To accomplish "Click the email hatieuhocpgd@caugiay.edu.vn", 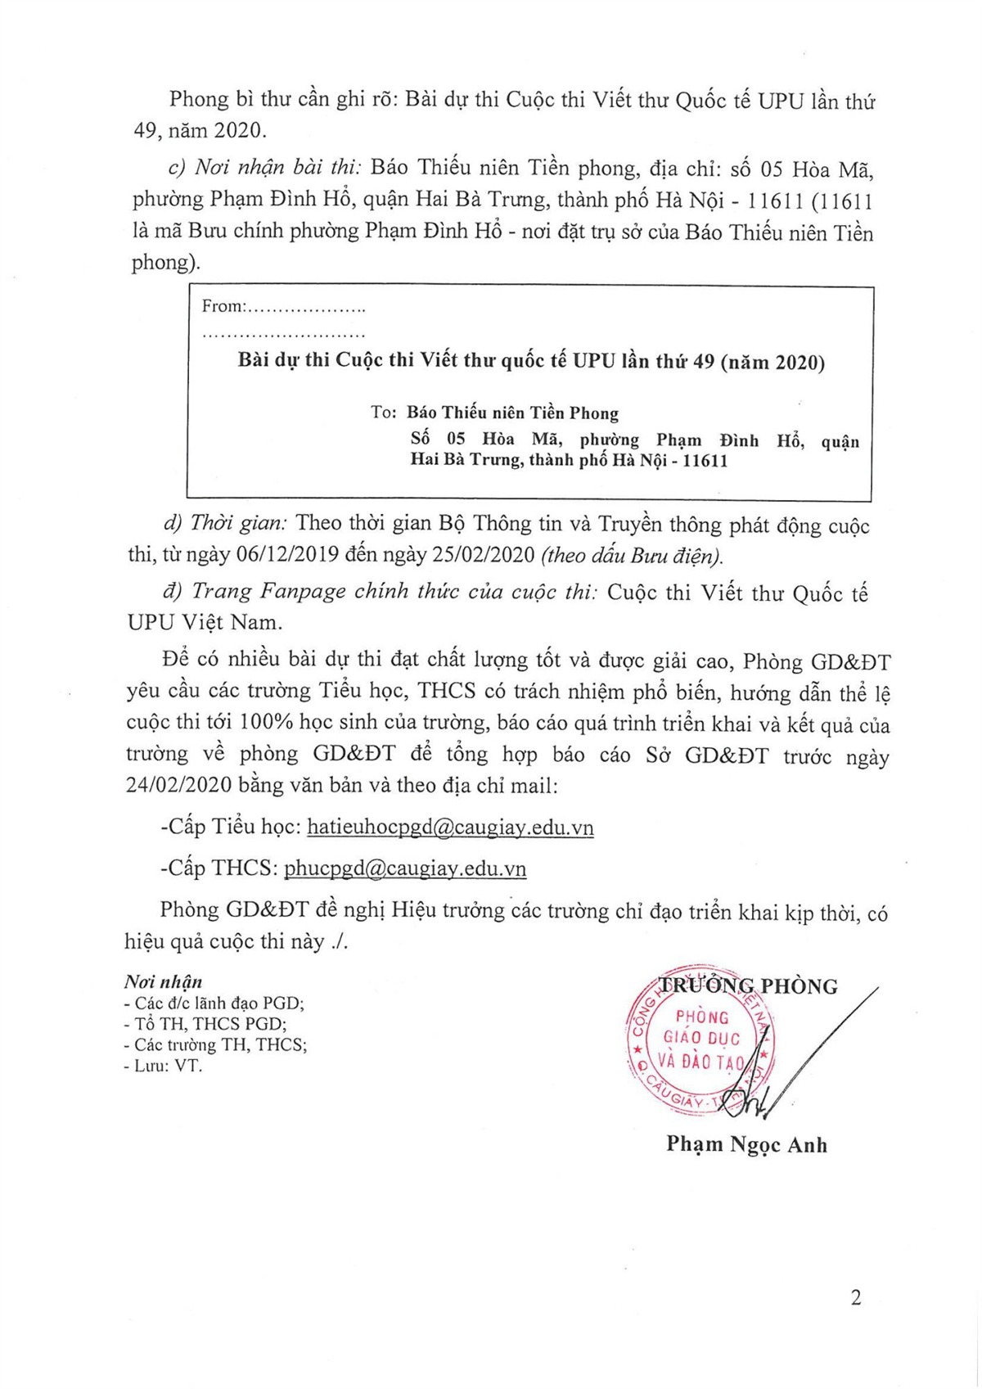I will pyautogui.click(x=450, y=828).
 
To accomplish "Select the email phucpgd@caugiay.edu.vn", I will pyautogui.click(x=405, y=868).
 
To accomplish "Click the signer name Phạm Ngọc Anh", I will pyautogui.click(x=746, y=1143).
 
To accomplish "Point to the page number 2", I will pyautogui.click(x=856, y=1298).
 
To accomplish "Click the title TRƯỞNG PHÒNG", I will pyautogui.click(x=749, y=986).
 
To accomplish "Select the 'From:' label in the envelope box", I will pyautogui.click(x=223, y=307).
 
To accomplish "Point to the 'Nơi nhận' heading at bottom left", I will pyautogui.click(x=163, y=982).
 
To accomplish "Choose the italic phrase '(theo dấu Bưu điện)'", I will pyautogui.click(x=632, y=556).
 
